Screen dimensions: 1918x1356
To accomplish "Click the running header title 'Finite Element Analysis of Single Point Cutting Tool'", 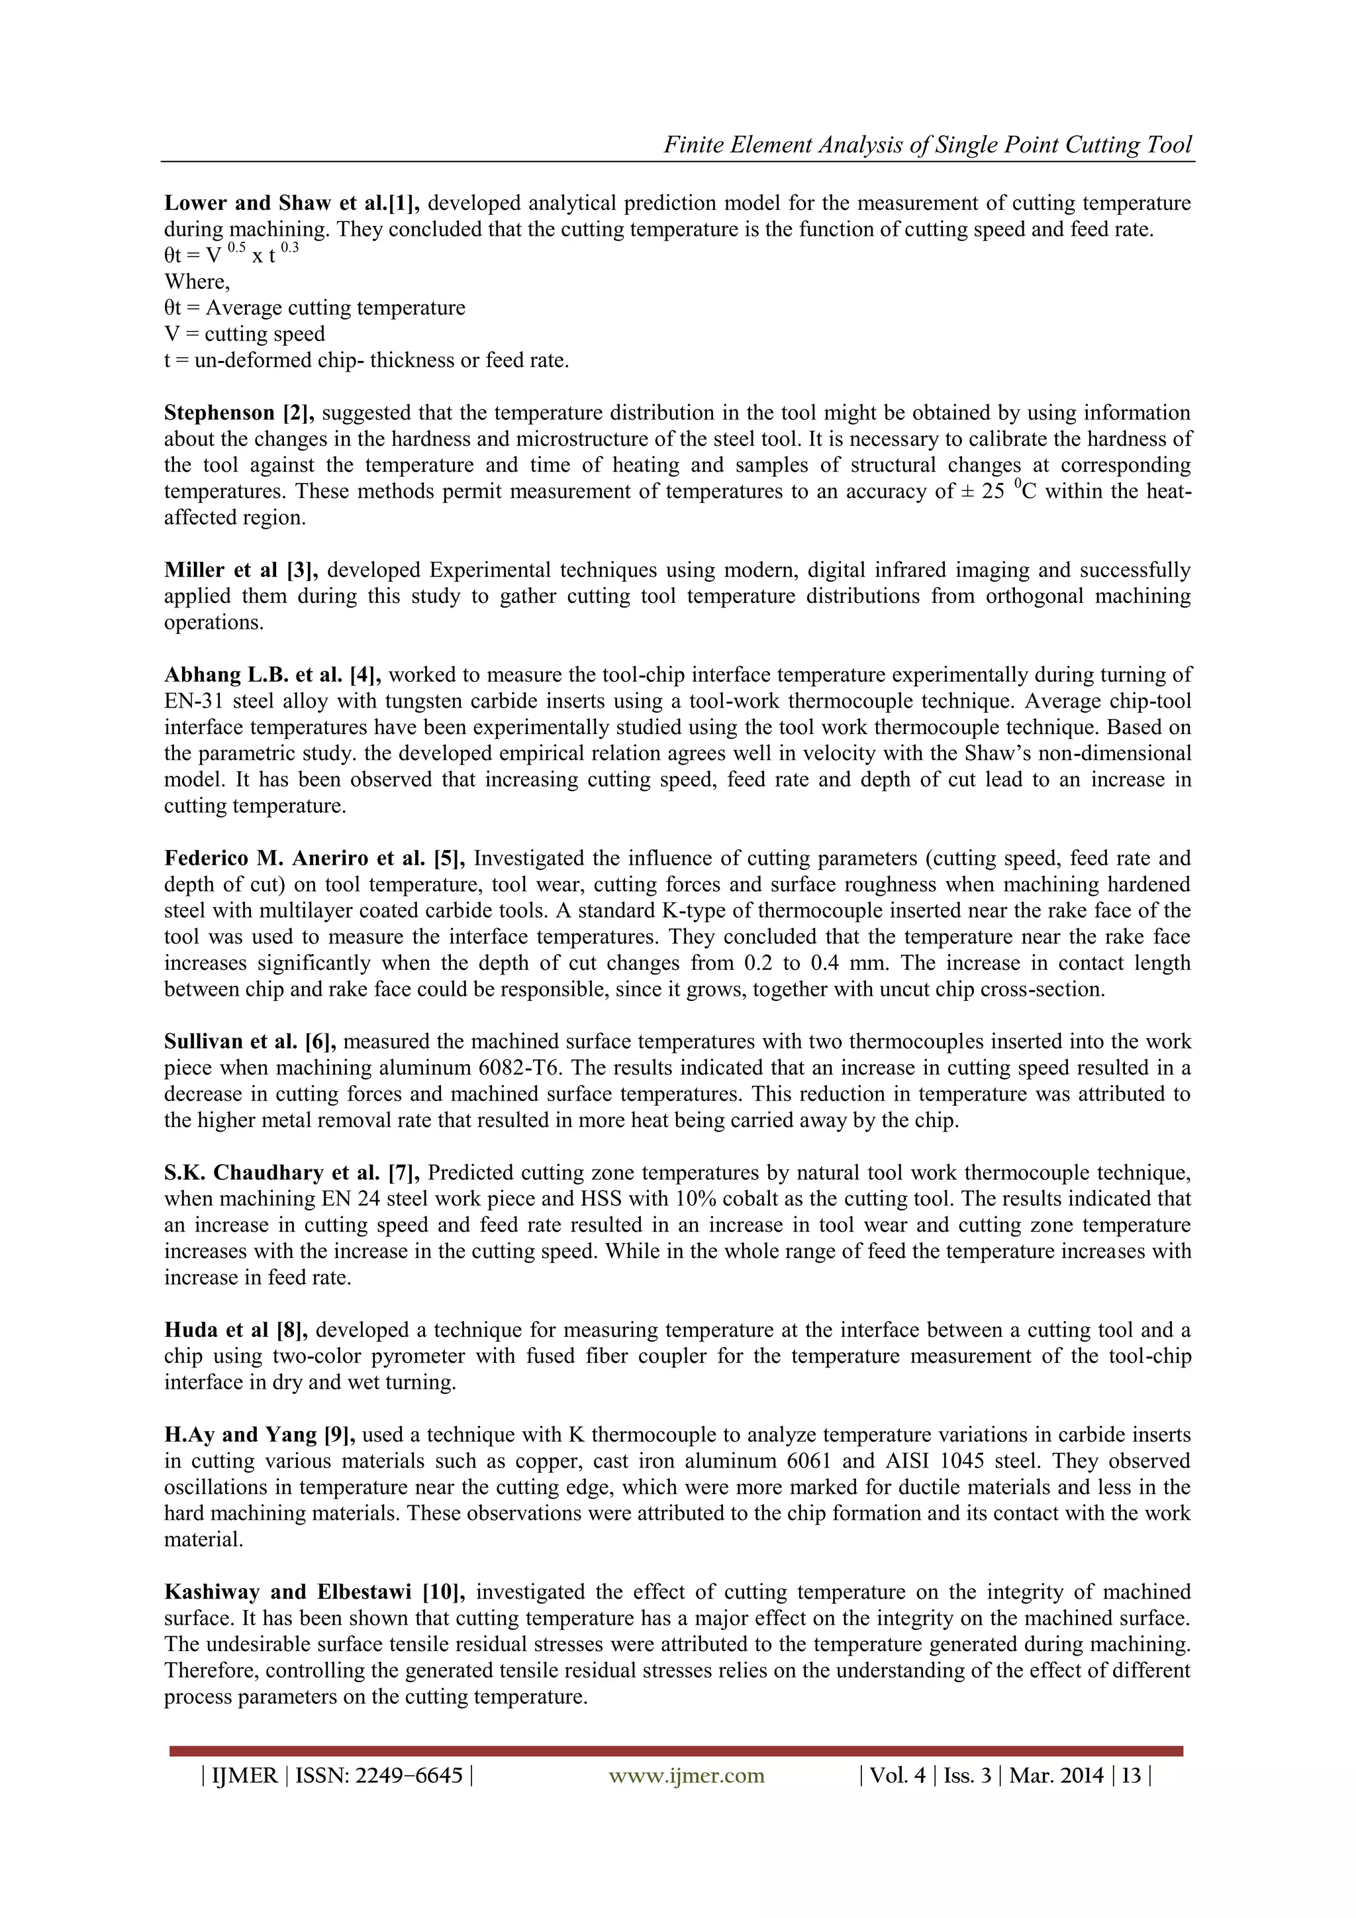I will click(x=927, y=144).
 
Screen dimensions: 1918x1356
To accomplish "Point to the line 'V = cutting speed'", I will click(x=244, y=334).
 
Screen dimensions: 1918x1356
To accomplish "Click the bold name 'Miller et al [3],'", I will click(x=240, y=570).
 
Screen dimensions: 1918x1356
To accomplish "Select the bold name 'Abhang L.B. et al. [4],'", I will click(x=271, y=675).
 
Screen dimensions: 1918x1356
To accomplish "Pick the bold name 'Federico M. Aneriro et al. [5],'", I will click(x=314, y=858).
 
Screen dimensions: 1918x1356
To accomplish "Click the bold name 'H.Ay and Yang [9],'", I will click(x=260, y=1434).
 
